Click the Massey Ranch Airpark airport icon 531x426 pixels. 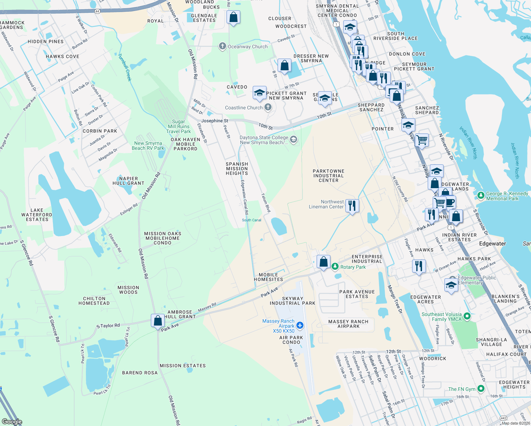(x=300, y=325)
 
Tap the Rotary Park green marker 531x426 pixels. (x=335, y=266)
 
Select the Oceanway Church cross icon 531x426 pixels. (x=223, y=46)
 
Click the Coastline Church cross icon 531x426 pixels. (x=268, y=107)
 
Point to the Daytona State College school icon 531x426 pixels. (x=293, y=140)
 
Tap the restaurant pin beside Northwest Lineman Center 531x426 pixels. (x=352, y=206)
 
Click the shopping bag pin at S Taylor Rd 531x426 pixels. (x=158, y=321)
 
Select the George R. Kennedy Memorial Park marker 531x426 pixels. (x=481, y=195)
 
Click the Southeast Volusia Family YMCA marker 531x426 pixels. (x=467, y=316)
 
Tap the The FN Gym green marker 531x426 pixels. (x=481, y=389)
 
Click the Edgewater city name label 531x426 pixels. (x=492, y=244)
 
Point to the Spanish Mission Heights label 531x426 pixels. (x=237, y=169)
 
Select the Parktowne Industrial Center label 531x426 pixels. (x=328, y=176)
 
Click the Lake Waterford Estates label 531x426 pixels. (x=37, y=215)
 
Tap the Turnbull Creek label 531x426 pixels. (x=125, y=67)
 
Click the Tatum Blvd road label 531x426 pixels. (x=266, y=203)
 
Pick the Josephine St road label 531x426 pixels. (x=214, y=121)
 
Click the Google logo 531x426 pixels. (x=12, y=422)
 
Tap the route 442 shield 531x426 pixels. (x=503, y=418)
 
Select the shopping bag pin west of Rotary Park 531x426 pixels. (x=323, y=262)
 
